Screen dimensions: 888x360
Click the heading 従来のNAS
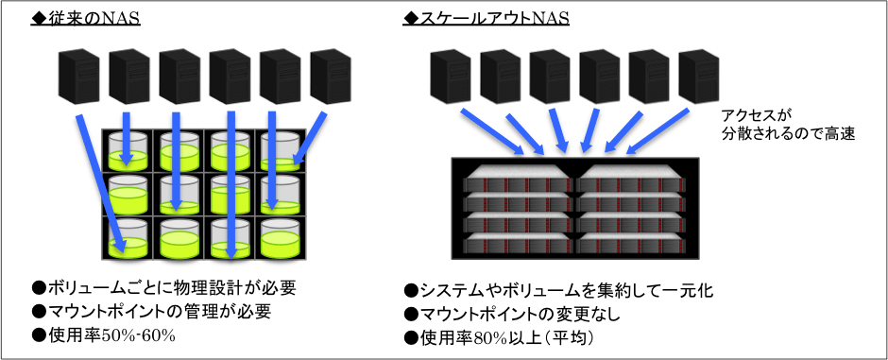[86, 19]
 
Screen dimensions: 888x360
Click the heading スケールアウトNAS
[486, 19]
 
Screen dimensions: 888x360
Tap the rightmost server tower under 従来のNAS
[332, 77]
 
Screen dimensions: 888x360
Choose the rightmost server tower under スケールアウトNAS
[699, 77]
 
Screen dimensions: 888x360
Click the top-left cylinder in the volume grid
[128, 151]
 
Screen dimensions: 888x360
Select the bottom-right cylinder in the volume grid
[281, 238]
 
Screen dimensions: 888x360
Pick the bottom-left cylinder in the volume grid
[128, 238]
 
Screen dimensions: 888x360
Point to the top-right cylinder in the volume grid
[281, 151]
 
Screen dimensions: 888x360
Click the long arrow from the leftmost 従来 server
[101, 182]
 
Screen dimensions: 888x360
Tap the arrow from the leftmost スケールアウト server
[491, 131]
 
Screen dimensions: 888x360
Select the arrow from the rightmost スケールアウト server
[657, 131]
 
